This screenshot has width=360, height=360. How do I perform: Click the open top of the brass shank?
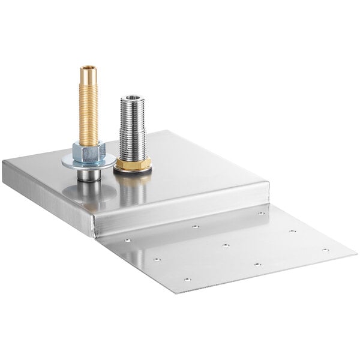89,68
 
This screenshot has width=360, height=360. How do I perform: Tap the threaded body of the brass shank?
89,108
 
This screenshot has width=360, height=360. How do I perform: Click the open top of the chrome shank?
133,98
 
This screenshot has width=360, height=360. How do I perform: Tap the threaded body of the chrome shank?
133,129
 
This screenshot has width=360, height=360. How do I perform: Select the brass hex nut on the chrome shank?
133,163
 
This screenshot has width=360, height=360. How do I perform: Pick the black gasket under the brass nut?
133,170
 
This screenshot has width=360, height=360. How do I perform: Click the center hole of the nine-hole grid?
226,245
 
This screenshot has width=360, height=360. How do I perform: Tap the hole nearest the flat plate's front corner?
187,279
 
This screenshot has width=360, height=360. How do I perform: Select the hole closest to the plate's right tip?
325,250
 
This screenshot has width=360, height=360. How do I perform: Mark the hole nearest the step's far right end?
261,213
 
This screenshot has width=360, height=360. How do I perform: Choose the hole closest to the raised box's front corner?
127,239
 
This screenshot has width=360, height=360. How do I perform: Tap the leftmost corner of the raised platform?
3,162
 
